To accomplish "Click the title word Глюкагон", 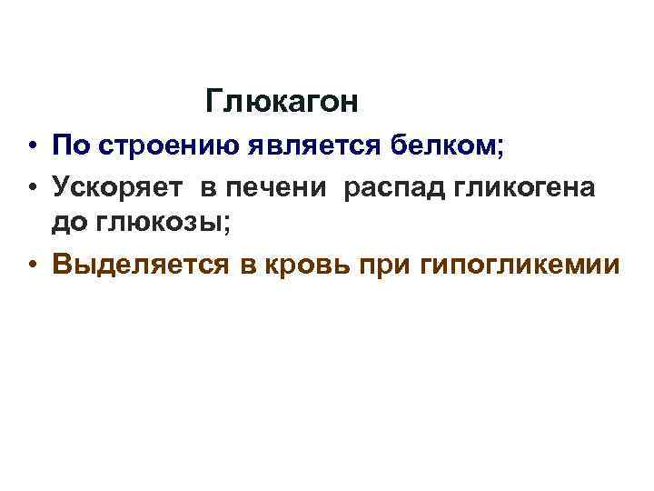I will point(282,102).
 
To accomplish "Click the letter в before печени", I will point(207,187).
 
